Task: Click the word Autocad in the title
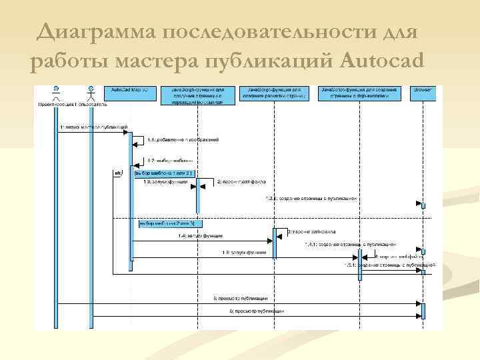click(x=381, y=61)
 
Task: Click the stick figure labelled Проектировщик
click(x=57, y=93)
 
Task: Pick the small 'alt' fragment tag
click(x=118, y=173)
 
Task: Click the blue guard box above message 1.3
click(x=163, y=173)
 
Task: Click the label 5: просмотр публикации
click(x=241, y=298)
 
